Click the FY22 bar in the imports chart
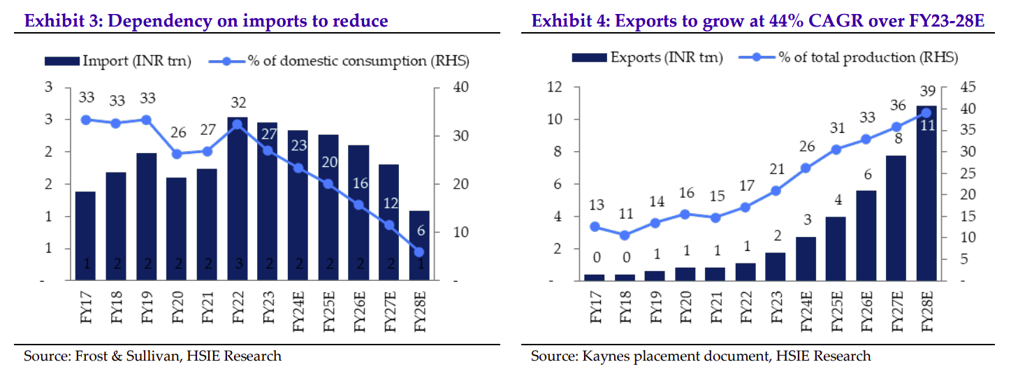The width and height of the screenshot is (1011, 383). (237, 199)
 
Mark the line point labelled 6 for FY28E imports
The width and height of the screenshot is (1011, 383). (419, 252)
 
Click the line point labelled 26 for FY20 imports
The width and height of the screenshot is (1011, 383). (177, 154)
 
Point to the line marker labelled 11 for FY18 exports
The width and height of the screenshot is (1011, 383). (625, 236)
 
